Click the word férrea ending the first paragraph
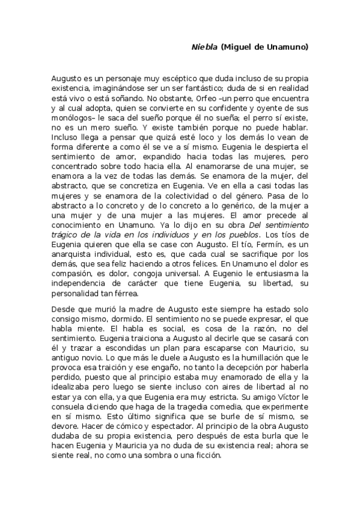point(126,293)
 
